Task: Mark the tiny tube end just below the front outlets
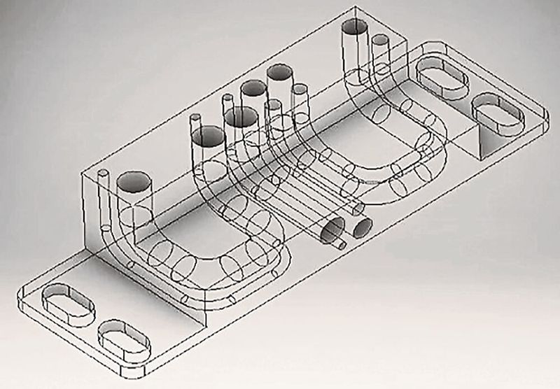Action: click(x=340, y=246)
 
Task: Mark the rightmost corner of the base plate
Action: click(x=547, y=120)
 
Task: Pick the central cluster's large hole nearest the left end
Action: click(x=206, y=136)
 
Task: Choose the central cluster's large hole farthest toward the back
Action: click(x=278, y=72)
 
